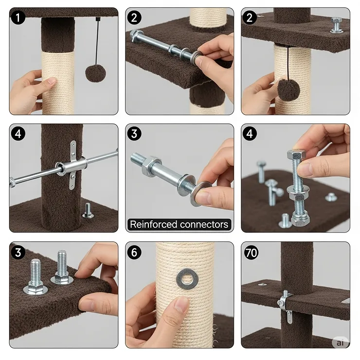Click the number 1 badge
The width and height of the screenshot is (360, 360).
click(x=18, y=18)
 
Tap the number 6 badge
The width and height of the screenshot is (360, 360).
click(x=134, y=252)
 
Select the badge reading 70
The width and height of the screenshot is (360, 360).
click(x=251, y=252)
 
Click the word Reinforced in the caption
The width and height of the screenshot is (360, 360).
click(x=153, y=224)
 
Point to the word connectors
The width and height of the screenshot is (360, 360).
click(x=204, y=225)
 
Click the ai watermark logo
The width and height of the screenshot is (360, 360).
click(x=340, y=342)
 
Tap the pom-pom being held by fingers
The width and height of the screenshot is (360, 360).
click(x=288, y=90)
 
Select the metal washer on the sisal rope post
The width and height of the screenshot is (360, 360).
click(x=187, y=279)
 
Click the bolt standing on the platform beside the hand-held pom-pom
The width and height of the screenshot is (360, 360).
click(x=336, y=25)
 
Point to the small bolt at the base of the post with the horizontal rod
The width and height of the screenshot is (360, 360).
click(x=88, y=211)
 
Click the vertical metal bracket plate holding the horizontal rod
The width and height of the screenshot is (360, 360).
click(x=73, y=165)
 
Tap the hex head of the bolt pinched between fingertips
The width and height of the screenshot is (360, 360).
click(x=296, y=155)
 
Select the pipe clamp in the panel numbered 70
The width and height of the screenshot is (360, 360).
click(x=285, y=303)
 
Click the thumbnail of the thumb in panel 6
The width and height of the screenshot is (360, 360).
click(x=181, y=304)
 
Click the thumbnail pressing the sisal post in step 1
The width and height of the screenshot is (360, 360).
click(x=52, y=81)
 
